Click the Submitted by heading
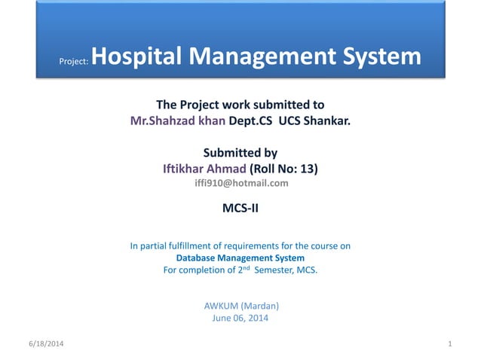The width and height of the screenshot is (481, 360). click(240, 152)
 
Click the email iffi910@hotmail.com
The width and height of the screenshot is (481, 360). click(240, 183)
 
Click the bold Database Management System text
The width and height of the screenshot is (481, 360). click(240, 258)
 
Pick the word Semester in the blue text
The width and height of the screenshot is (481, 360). click(273, 270)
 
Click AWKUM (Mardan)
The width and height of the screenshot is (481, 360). click(240, 306)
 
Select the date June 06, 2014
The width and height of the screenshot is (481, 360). click(240, 318)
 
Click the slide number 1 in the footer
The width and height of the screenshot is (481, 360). click(449, 344)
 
